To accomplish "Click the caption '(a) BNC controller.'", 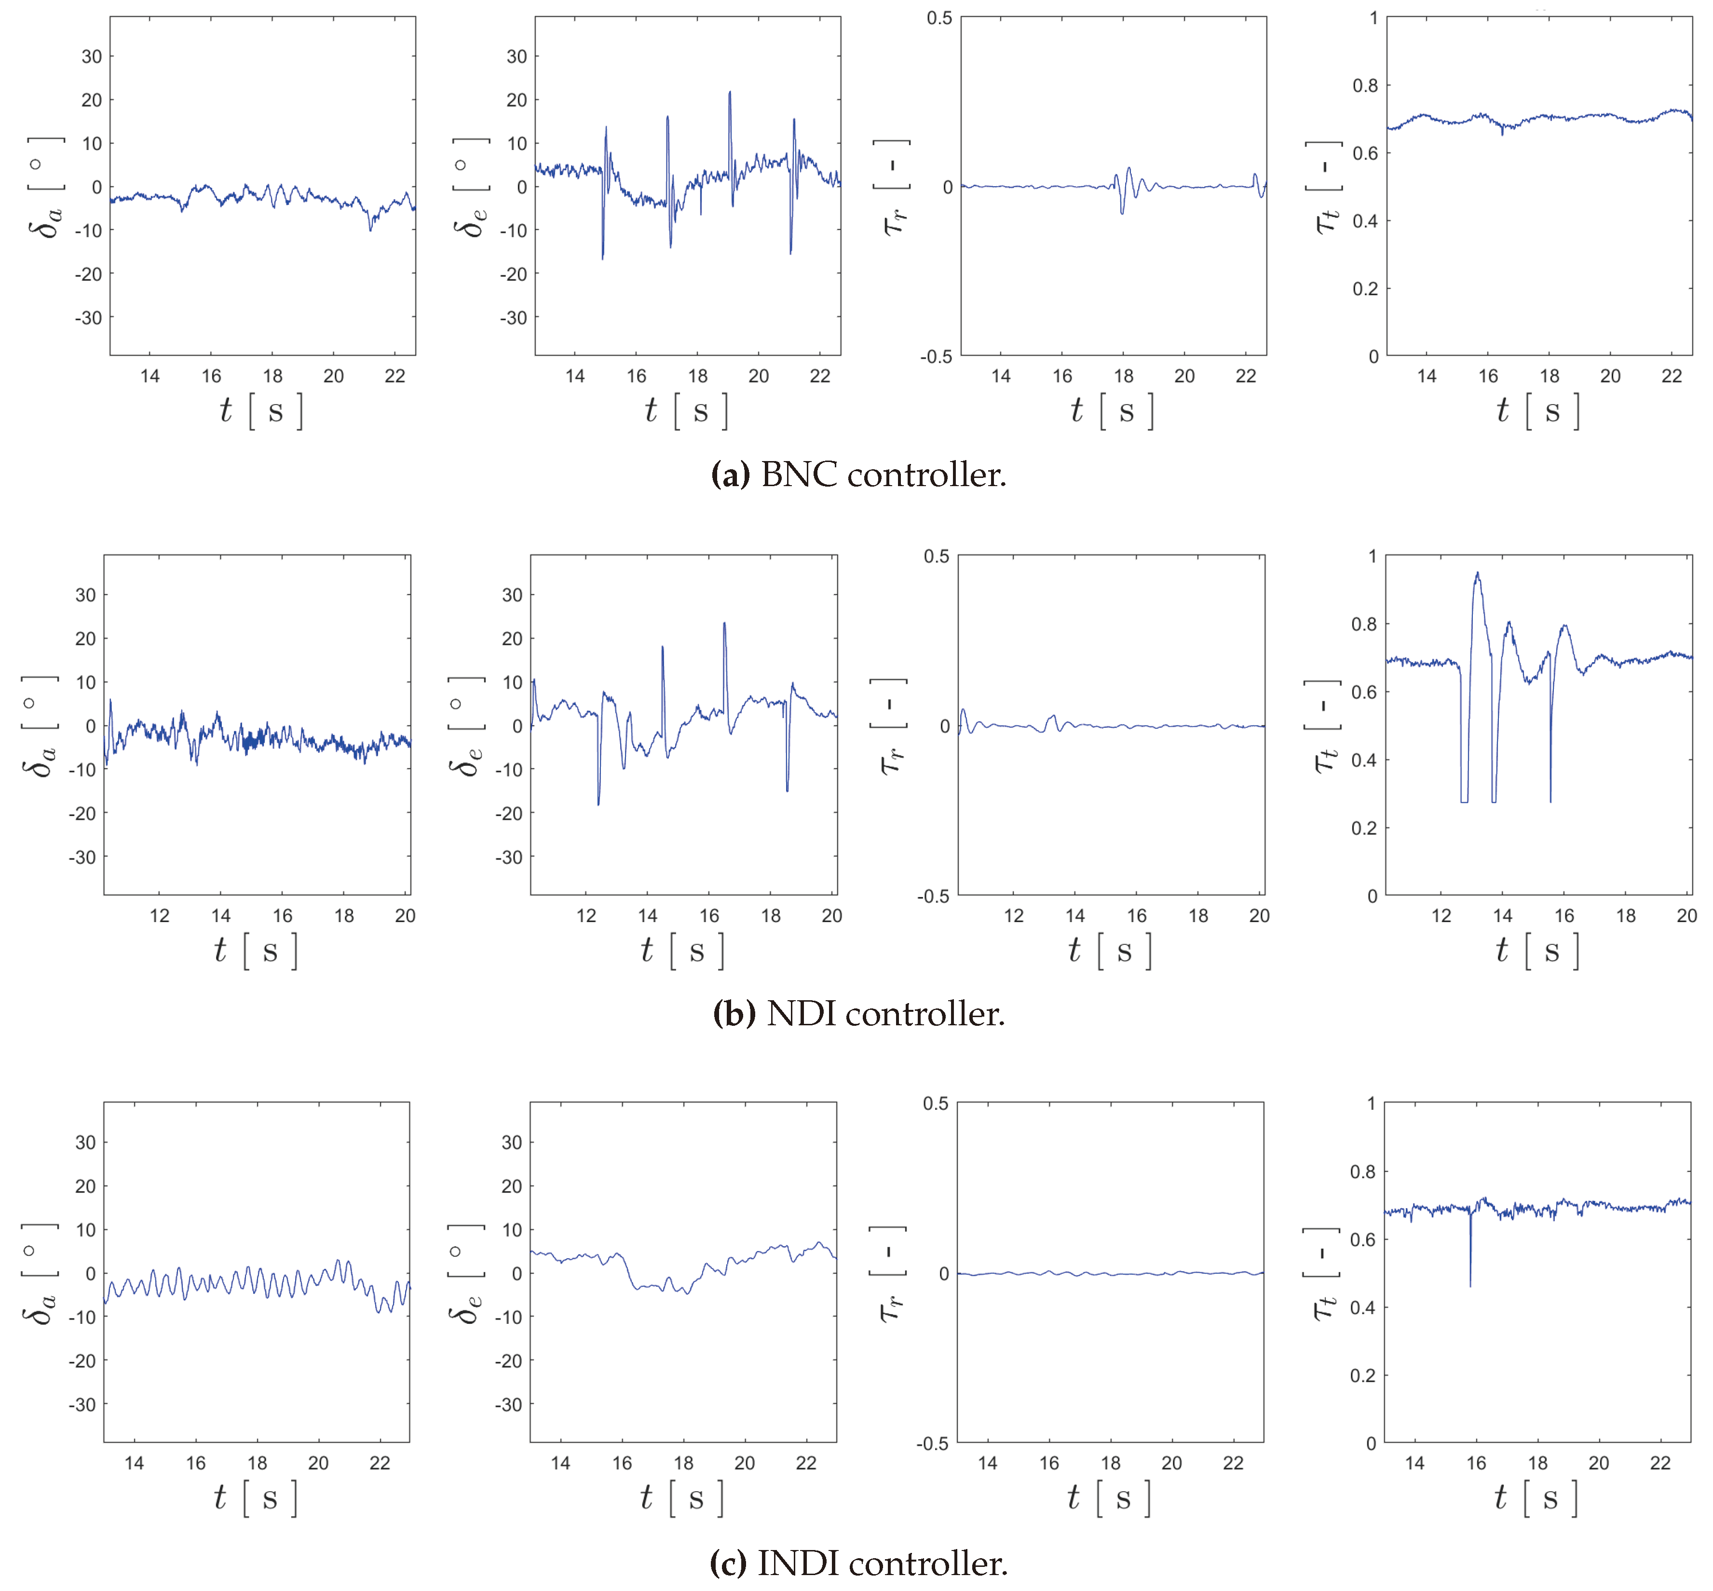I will [x=858, y=475].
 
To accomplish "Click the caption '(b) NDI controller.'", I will [x=858, y=1013].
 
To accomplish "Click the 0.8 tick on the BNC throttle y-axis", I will [x=1365, y=85].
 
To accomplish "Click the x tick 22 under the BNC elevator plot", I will [x=819, y=376].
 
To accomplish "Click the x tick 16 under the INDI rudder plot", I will [x=1048, y=1463].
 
